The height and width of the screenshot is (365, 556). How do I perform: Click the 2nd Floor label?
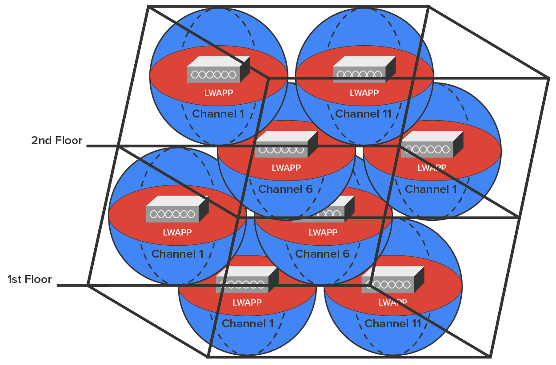pos(57,141)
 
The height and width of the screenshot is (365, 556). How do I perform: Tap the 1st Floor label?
pos(30,279)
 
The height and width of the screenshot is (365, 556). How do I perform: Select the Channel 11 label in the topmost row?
pos(364,114)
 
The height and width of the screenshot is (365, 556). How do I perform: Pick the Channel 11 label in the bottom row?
pos(393,324)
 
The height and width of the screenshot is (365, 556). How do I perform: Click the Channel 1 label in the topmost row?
pos(218,114)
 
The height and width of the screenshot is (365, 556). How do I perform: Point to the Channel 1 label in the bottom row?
pos(248,324)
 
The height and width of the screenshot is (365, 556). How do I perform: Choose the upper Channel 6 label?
pos(285,189)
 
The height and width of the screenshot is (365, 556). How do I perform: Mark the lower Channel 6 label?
pos(322,254)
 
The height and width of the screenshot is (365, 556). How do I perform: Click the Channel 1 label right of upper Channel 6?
pos(431,189)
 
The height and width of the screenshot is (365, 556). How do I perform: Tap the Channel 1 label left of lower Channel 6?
pos(177,254)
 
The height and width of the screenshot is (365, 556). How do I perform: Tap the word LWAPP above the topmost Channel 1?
pos(218,93)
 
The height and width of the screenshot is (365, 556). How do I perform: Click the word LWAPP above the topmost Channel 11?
pos(364,93)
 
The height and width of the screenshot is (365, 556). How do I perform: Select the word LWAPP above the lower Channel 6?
pos(323,232)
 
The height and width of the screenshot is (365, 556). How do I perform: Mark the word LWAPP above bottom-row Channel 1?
pos(247,302)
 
